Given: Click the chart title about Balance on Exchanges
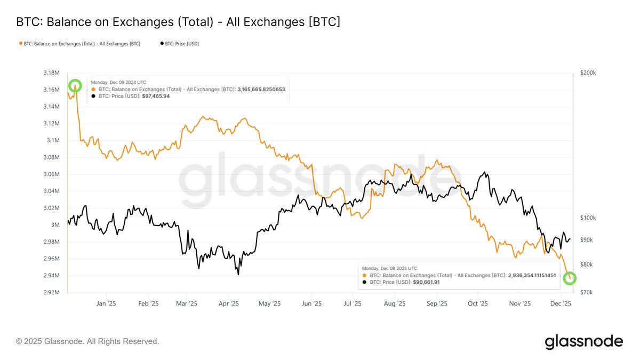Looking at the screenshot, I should tap(178, 22).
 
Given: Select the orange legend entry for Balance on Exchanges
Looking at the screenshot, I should tap(80, 44).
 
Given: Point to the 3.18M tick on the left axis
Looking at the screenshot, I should tap(52, 73).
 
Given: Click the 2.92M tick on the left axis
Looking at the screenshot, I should tap(52, 293).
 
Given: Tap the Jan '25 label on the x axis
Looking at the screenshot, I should tap(106, 303).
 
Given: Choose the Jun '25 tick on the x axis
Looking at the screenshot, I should tap(311, 303).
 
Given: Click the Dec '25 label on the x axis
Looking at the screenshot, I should tap(561, 303).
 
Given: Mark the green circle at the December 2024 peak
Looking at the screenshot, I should tap(75, 85).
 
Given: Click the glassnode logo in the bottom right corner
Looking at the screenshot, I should tap(583, 341).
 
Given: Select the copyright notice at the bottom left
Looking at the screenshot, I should tap(87, 341).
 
